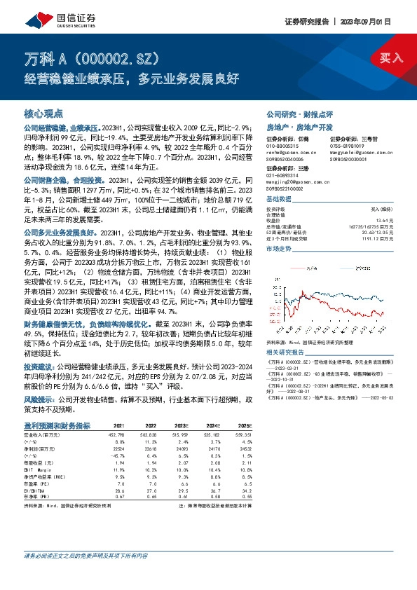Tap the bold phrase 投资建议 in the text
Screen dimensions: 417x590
pyautogui.click(x=39, y=366)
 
